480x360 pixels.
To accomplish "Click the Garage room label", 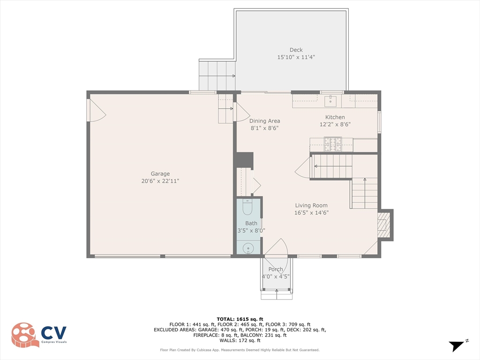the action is tap(160, 173).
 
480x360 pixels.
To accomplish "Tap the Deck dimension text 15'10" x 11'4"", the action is tap(296, 57).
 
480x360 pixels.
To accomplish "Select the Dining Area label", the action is tap(264, 121).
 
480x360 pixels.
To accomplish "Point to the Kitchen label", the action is tap(335, 117).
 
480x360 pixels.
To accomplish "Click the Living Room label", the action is tap(311, 205).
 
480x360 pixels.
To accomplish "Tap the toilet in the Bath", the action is tap(247, 207).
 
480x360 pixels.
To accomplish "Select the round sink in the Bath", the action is tap(248, 248).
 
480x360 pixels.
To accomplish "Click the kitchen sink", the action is tap(330, 100).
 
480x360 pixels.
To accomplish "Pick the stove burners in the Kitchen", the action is tap(333, 144).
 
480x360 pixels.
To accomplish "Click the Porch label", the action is tap(276, 270).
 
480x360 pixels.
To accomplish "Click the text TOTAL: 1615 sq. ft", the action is tap(240, 319).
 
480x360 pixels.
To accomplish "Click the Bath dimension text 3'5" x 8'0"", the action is tap(251, 231).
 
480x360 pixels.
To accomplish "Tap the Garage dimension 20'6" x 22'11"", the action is tap(160, 181).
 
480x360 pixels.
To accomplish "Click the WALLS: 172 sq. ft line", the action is tap(240, 340).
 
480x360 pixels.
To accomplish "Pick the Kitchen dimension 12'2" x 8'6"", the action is tap(335, 124).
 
